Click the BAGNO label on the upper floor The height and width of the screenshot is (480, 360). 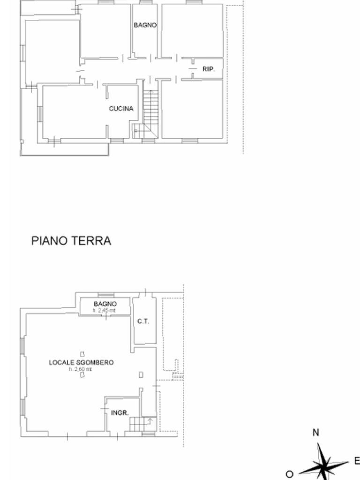[x=145, y=25]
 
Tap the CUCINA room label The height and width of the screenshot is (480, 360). [x=121, y=109]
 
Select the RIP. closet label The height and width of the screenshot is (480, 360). [x=209, y=69]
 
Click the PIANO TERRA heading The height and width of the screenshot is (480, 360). [x=71, y=241]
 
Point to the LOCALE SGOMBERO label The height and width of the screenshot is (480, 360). [x=82, y=362]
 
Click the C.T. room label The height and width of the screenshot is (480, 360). [x=143, y=322]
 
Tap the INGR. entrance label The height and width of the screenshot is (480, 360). [x=120, y=413]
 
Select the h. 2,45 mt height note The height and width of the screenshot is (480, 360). [x=105, y=310]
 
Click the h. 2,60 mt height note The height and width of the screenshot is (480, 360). [x=81, y=369]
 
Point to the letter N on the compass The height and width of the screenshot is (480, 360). [x=316, y=433]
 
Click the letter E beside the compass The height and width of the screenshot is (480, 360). [x=356, y=461]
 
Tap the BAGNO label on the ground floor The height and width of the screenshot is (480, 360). [x=105, y=304]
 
